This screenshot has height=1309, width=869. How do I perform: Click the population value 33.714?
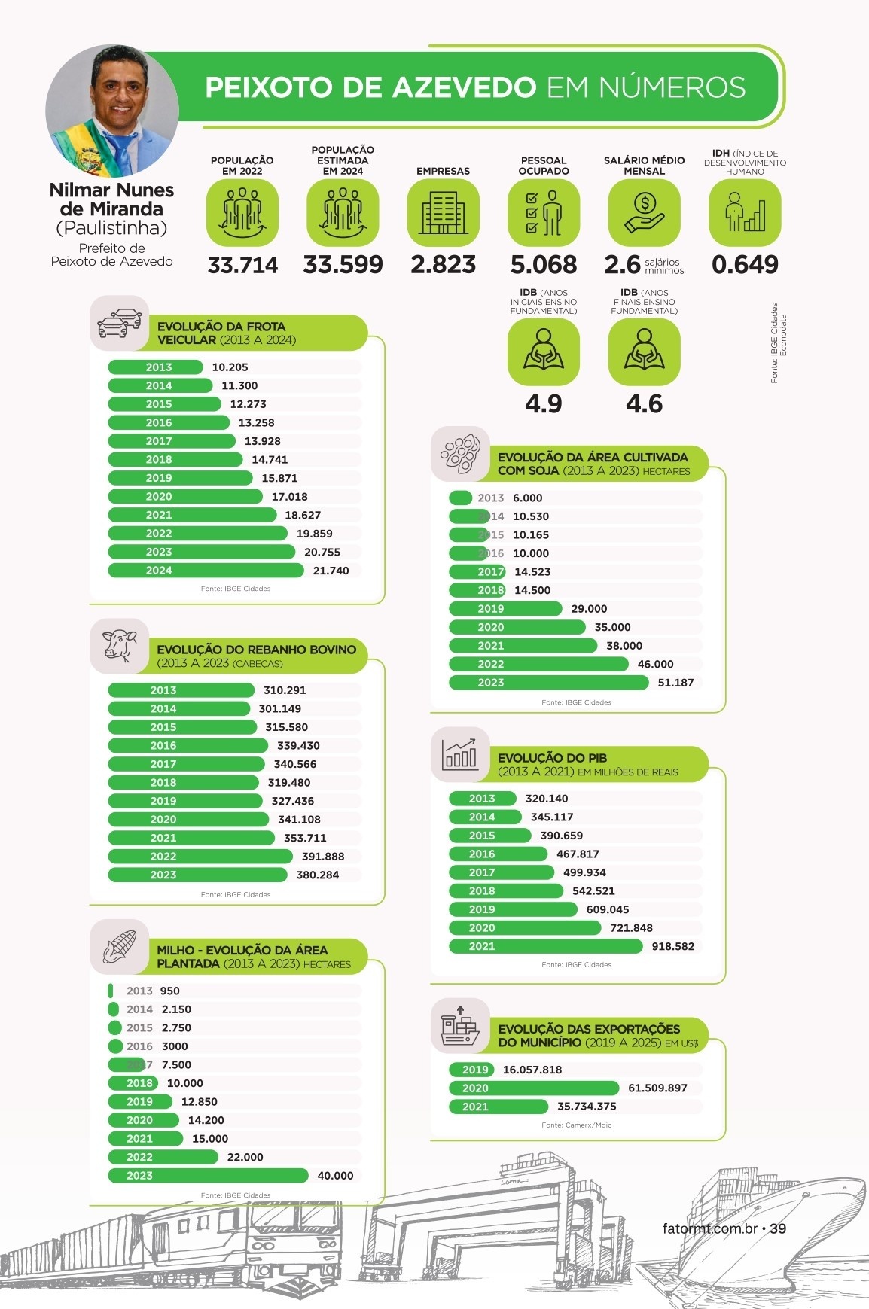tap(242, 265)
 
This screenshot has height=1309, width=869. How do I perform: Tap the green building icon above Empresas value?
tap(443, 212)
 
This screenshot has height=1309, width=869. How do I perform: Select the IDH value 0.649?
tap(745, 264)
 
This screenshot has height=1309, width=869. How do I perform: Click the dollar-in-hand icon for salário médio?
tap(644, 212)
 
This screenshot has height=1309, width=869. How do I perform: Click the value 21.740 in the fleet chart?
tap(331, 571)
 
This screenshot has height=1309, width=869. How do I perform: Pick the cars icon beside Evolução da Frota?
tap(119, 323)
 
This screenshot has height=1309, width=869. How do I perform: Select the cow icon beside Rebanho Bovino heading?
tap(119, 646)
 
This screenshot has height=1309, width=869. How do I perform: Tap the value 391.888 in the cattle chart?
tap(323, 856)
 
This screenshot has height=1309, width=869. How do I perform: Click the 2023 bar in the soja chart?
tap(548, 683)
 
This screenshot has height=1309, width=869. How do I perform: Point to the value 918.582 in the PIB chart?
tap(672, 946)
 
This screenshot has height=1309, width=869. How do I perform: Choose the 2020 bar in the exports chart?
tap(534, 1088)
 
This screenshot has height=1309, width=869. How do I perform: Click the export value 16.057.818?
tap(532, 1070)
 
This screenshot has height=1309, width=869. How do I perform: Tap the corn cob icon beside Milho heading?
tap(119, 946)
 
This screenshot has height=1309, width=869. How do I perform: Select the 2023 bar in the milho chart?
tap(208, 1175)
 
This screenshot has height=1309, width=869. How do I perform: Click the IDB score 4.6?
tap(644, 404)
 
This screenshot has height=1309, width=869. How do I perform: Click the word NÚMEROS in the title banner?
tap(672, 87)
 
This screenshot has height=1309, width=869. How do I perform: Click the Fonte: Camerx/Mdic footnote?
tap(576, 1125)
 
